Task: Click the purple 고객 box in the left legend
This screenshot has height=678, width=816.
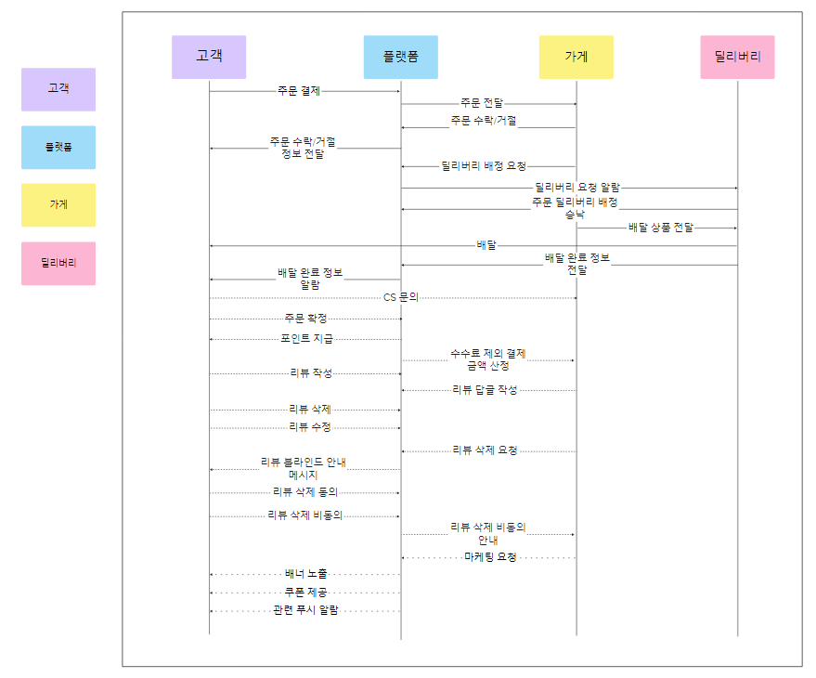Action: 58,89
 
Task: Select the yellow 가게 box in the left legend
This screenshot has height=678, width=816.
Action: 58,205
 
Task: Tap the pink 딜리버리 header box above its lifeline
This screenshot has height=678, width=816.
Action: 738,57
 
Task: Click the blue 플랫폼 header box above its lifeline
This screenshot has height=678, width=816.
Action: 400,57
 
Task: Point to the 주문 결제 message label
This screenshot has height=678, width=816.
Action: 299,91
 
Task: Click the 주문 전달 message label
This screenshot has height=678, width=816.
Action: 483,104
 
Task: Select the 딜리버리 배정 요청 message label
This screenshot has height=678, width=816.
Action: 484,166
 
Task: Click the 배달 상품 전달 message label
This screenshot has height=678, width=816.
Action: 660,228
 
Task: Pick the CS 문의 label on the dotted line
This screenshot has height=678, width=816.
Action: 401,297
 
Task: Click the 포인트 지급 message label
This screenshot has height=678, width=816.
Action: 306,339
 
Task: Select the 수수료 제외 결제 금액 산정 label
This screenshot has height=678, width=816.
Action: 488,359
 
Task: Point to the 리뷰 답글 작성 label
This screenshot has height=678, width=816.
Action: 485,390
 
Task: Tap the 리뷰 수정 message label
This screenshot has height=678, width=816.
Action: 310,427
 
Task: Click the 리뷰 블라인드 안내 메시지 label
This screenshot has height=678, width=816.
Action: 304,468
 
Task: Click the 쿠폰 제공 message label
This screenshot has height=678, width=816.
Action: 305,592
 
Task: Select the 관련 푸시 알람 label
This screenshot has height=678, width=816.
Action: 305,610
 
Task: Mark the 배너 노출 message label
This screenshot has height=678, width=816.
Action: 305,574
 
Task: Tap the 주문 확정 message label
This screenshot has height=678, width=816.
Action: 305,319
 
